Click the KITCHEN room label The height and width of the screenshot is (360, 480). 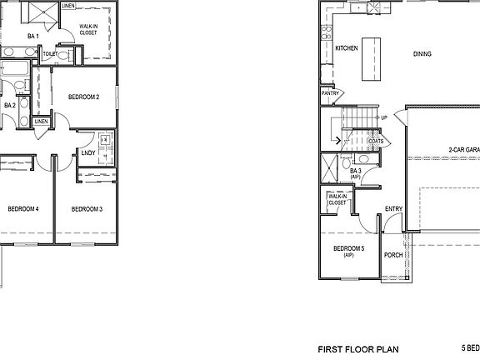[x=347, y=48]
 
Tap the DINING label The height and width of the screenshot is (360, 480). [x=422, y=54]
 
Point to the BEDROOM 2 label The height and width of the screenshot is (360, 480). [x=84, y=97]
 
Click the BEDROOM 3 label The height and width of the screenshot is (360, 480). [x=87, y=208]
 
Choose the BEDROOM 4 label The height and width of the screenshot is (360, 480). [x=23, y=208]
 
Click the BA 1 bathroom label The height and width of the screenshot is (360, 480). [x=32, y=37]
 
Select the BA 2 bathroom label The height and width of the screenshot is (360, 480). [x=10, y=105]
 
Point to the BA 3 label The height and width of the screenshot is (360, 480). [x=355, y=172]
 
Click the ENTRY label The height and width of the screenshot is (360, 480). [x=393, y=209]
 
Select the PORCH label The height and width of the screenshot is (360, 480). [x=392, y=256]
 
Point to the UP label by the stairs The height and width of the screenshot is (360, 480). [x=384, y=117]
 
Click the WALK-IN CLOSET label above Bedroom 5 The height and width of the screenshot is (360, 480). [x=337, y=199]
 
